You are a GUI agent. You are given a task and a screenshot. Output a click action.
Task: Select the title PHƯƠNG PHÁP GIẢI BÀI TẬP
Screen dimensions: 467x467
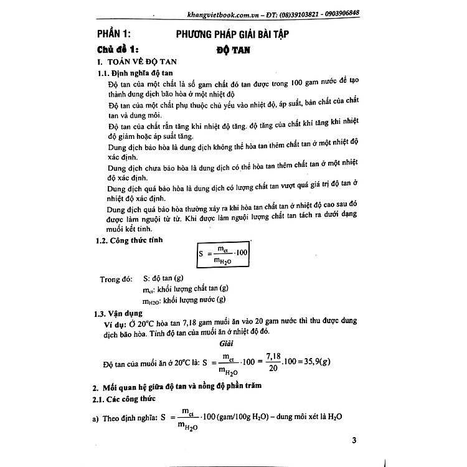252,33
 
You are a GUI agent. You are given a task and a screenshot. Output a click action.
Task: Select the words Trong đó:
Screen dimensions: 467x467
117,279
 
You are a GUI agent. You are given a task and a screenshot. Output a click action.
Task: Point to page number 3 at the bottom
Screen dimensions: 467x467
353,441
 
